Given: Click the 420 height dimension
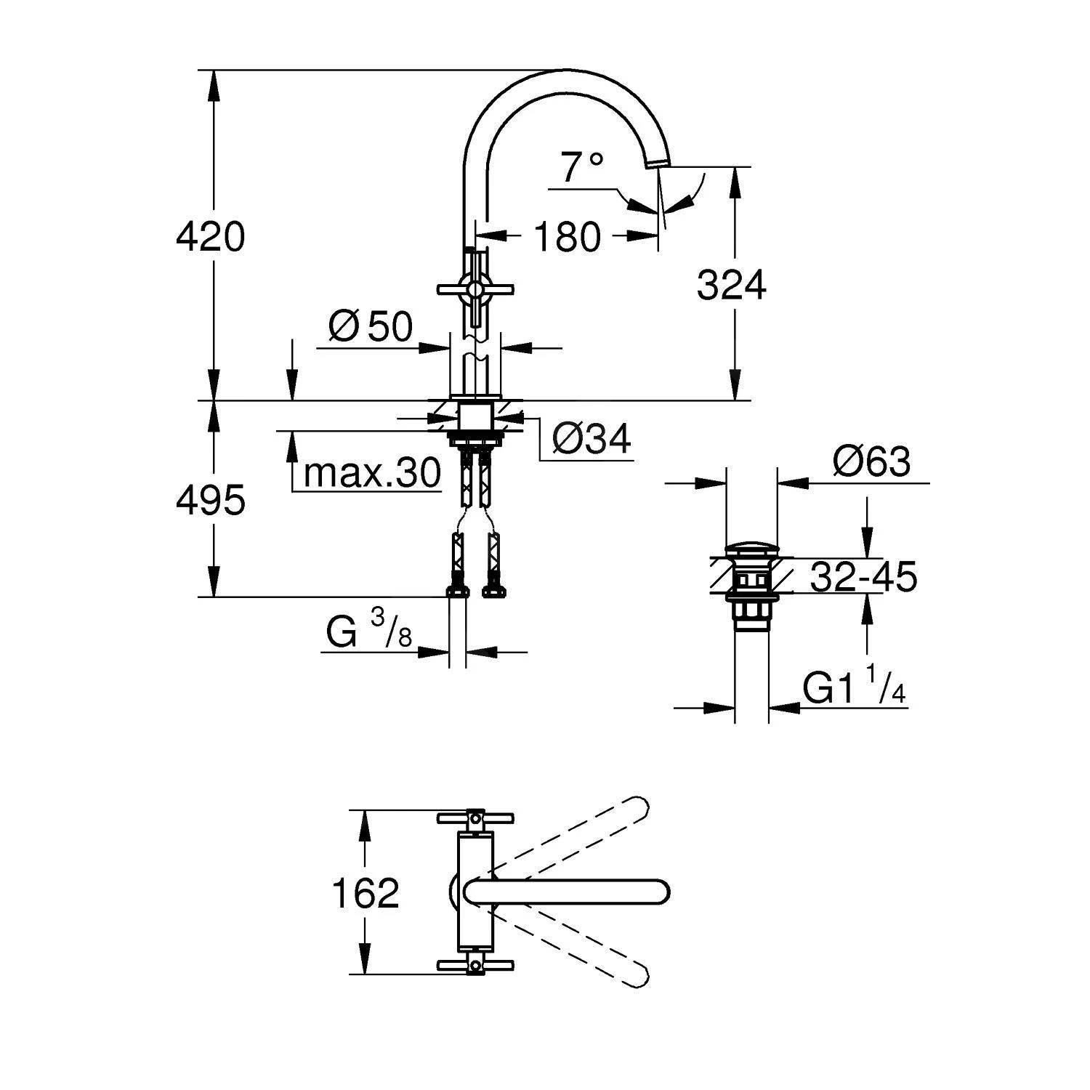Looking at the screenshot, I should (x=211, y=237).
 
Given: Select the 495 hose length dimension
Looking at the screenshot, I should (x=211, y=501).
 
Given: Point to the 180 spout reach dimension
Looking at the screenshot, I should (x=568, y=236).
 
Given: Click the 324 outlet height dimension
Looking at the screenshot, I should (x=731, y=285).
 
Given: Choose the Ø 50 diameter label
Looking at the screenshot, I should (x=371, y=327).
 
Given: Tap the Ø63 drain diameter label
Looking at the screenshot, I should (x=871, y=461).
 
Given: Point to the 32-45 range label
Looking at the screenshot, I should (x=863, y=577).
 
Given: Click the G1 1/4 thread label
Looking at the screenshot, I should (x=855, y=687).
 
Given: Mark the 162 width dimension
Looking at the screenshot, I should (x=366, y=893).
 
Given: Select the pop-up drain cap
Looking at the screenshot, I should (x=751, y=549).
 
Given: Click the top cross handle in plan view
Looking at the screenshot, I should (x=475, y=817).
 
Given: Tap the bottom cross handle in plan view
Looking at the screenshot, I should (x=475, y=965).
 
